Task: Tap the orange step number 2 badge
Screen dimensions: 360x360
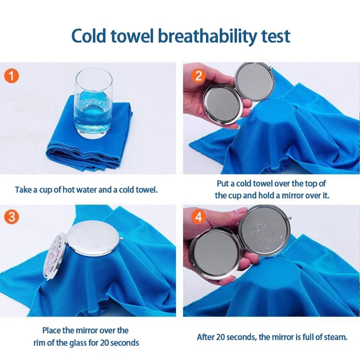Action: point(199,76)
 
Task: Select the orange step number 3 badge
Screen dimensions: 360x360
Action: point(12,217)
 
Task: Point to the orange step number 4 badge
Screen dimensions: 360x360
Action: point(199,216)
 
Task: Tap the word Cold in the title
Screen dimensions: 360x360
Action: point(89,36)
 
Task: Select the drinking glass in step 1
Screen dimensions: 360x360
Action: point(94,103)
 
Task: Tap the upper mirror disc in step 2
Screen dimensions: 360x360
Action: point(255,81)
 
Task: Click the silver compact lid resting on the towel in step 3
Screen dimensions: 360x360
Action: point(94,239)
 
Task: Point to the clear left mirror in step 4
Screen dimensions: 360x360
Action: point(216,252)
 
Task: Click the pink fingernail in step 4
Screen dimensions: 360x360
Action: point(242,210)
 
